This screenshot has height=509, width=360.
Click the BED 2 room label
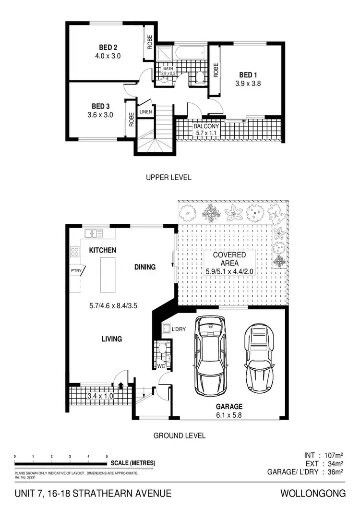(x=108, y=47)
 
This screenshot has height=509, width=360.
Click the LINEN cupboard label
(x=145, y=112)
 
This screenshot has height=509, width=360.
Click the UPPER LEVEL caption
(x=168, y=177)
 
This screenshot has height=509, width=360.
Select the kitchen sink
(x=94, y=233)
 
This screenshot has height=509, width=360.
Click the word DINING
(x=144, y=267)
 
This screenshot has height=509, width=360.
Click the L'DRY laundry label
(x=185, y=329)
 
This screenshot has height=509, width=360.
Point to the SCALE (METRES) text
(x=133, y=463)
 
